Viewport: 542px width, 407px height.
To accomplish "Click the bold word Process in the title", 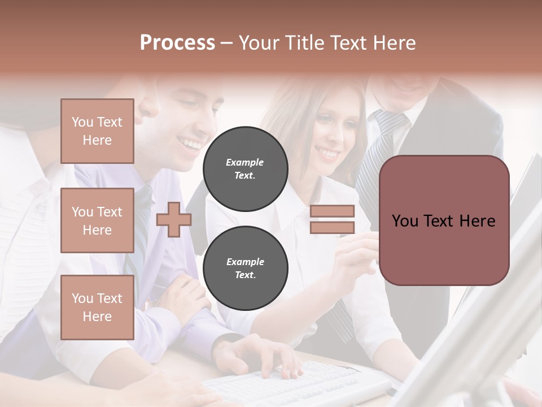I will pyautogui.click(x=177, y=42).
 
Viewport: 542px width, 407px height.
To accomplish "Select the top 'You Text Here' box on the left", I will pyautogui.click(x=97, y=131).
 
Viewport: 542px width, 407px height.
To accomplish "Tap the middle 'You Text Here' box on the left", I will pyautogui.click(x=97, y=220).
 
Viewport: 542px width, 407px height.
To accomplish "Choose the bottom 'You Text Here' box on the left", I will pyautogui.click(x=97, y=308).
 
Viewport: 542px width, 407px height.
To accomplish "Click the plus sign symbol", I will pyautogui.click(x=173, y=219).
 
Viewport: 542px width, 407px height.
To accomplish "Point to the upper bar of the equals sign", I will pyautogui.click(x=333, y=211).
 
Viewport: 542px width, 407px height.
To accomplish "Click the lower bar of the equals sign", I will pyautogui.click(x=333, y=228).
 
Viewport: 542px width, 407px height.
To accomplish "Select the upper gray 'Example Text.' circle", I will pyautogui.click(x=245, y=168).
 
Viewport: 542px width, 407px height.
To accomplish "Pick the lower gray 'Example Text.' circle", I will pyautogui.click(x=245, y=268).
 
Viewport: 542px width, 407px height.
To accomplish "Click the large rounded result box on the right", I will pyautogui.click(x=444, y=220).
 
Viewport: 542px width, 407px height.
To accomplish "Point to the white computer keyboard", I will pyautogui.click(x=294, y=384).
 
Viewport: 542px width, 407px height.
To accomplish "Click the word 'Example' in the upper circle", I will pyautogui.click(x=245, y=162).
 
